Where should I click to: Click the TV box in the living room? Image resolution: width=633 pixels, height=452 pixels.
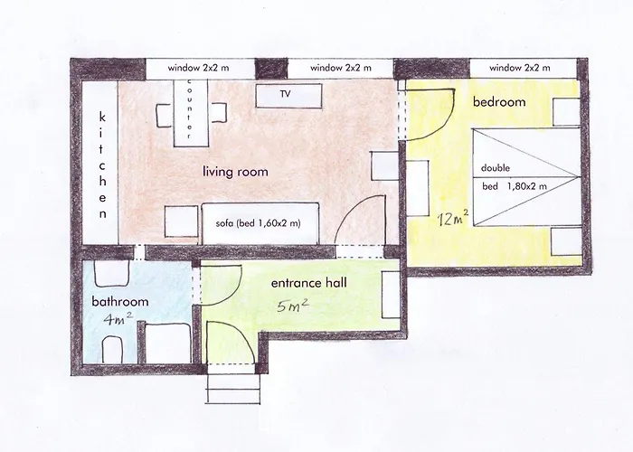(288, 95)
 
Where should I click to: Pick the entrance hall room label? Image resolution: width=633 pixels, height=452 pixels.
(309, 283)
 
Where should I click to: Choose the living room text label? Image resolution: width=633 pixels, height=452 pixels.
(235, 171)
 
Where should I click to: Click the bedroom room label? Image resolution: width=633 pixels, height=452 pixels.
(499, 102)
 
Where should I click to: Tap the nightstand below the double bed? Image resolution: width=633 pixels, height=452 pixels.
(565, 241)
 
